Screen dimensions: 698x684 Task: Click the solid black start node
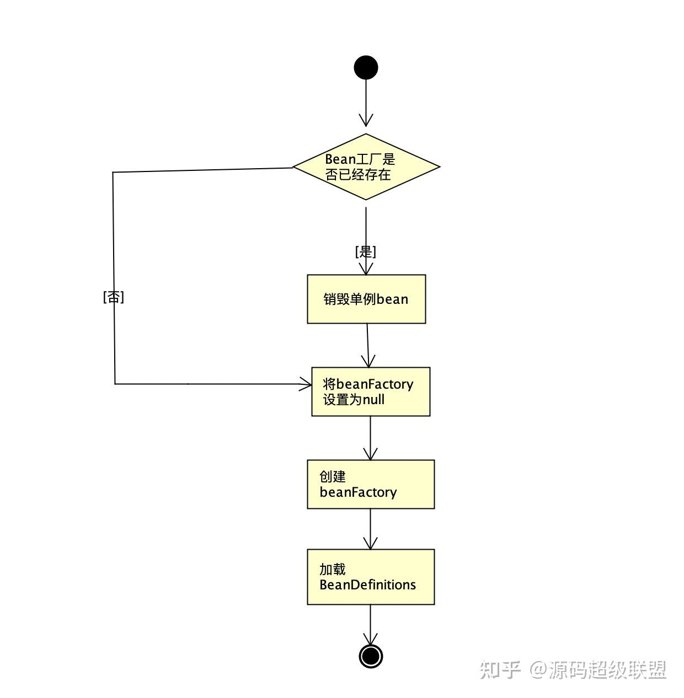[366, 68]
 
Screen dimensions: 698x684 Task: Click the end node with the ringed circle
[371, 656]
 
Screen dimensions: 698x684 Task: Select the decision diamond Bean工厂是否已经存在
[366, 167]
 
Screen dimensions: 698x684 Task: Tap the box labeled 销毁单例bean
[366, 299]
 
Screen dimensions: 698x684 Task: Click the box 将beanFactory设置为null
[371, 391]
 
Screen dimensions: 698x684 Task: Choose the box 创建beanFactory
[371, 484]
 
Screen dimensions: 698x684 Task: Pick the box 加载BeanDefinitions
[371, 577]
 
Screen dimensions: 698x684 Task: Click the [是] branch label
[365, 252]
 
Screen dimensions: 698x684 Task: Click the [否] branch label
[114, 297]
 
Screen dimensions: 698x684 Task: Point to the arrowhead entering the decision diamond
[366, 120]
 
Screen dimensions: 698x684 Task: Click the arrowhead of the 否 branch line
[306, 384]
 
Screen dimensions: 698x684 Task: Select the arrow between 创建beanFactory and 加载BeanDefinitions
[370, 529]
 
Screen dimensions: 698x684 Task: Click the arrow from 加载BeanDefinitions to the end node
[370, 626]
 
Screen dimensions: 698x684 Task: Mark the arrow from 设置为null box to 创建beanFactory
[370, 438]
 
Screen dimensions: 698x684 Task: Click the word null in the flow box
[373, 400]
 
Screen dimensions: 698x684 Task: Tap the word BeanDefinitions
[368, 585]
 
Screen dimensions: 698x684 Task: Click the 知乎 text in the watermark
[500, 670]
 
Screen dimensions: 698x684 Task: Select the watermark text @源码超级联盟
[598, 670]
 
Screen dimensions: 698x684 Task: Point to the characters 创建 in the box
[333, 476]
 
